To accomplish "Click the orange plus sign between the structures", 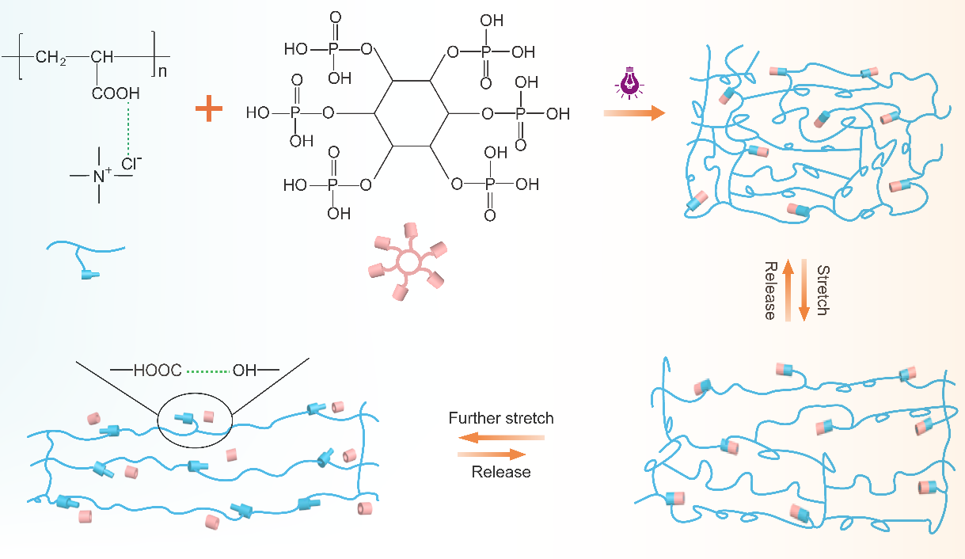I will coord(210,109).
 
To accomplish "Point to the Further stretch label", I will coord(501,417).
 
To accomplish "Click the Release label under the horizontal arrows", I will coord(501,473).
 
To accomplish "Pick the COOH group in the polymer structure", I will coord(116,93).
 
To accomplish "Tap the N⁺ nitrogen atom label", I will coord(101,175).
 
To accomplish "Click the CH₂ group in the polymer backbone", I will coord(51,58).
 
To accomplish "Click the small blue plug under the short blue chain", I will coord(90,275).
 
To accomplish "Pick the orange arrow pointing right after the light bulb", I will coord(633,114).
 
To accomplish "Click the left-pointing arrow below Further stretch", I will coord(501,437).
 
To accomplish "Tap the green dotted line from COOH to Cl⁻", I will coord(127,127).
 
